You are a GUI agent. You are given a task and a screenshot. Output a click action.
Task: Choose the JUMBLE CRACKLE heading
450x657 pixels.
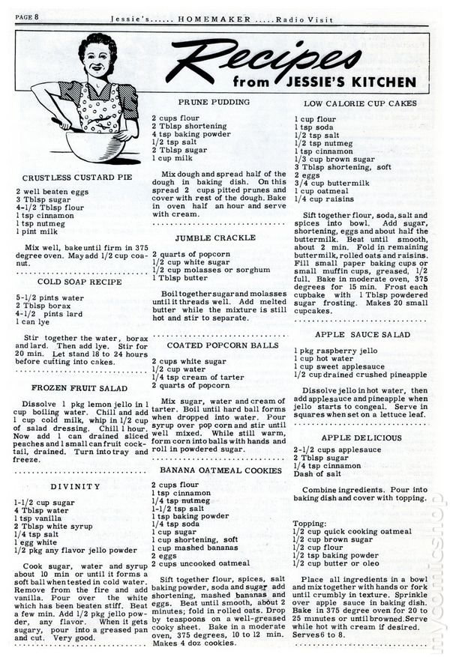(x=205, y=237)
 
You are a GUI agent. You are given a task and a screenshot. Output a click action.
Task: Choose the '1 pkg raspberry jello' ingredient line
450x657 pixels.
(x=337, y=349)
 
